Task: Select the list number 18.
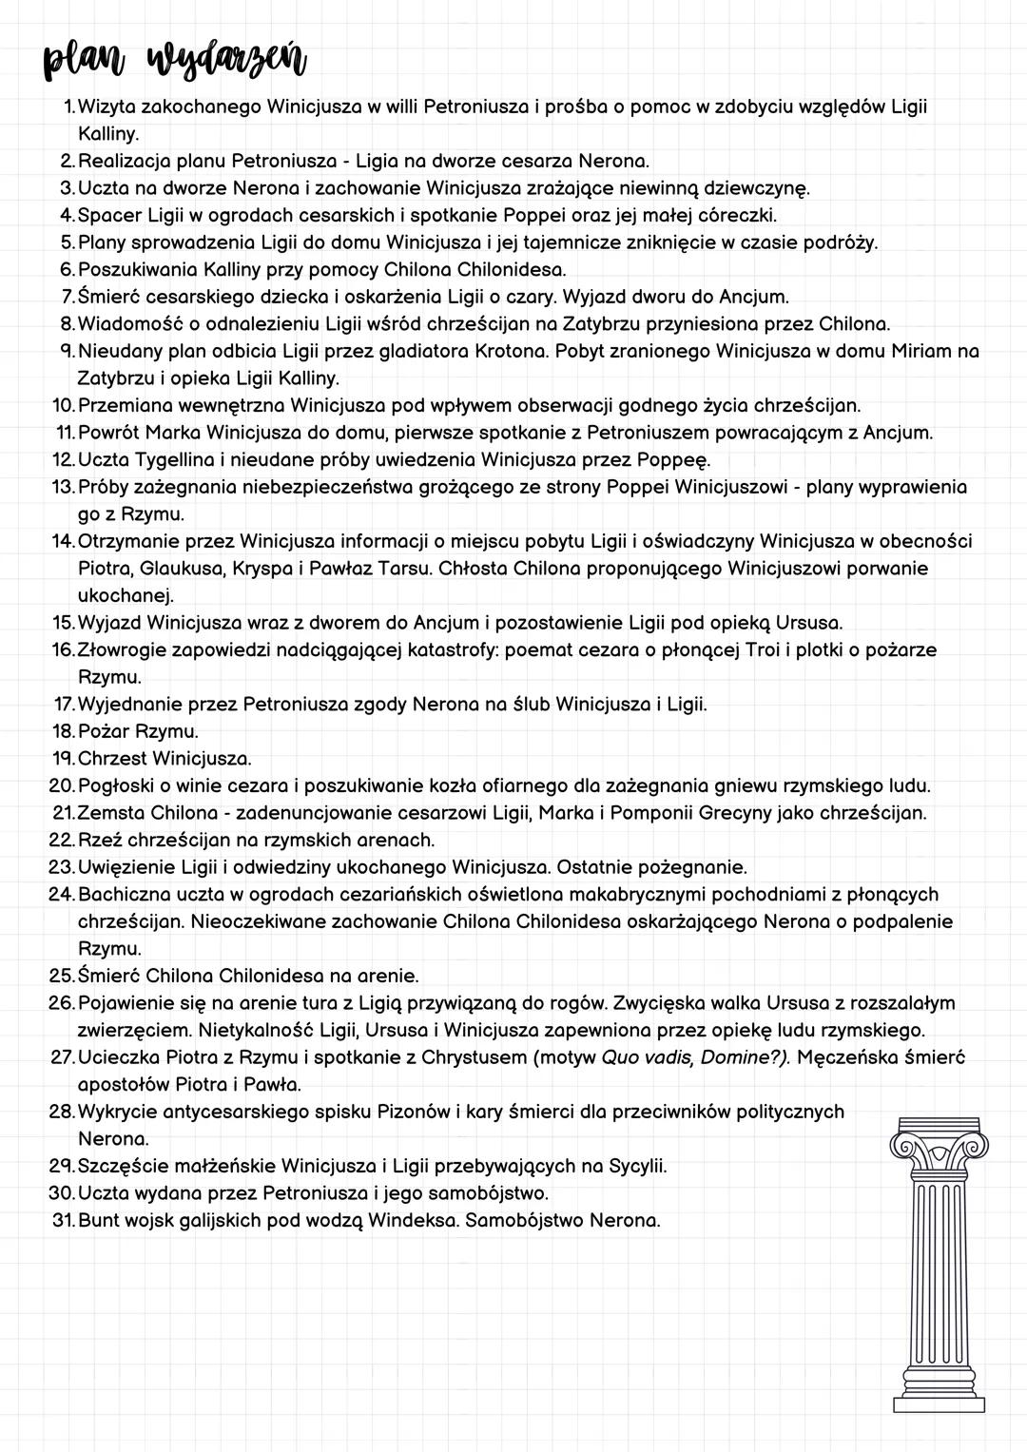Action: (x=62, y=732)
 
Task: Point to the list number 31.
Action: (x=62, y=1220)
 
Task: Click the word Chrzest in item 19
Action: (x=112, y=759)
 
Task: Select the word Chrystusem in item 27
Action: (x=479, y=1057)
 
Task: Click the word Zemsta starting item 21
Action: (x=111, y=813)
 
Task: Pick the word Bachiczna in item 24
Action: (x=126, y=895)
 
